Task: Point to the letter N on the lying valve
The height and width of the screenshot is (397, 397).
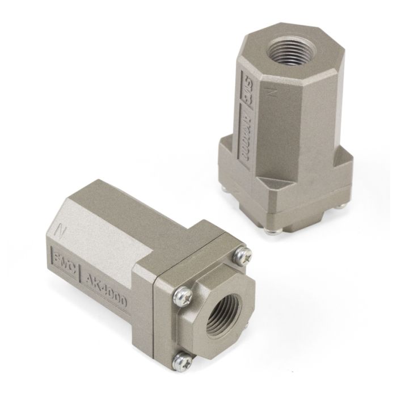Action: point(57,230)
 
